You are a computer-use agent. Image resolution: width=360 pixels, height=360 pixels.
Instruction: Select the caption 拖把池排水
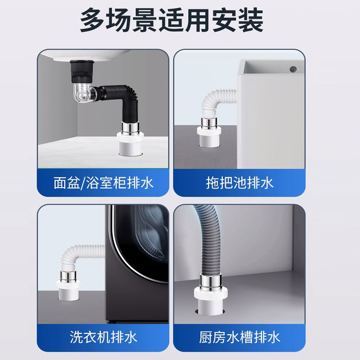tap(240, 183)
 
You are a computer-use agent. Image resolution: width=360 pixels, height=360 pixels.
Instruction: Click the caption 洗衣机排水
tap(103, 336)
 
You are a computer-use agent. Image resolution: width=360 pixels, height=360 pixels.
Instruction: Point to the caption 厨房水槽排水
tap(240, 336)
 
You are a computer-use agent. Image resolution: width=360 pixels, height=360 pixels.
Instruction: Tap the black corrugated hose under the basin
tap(121, 92)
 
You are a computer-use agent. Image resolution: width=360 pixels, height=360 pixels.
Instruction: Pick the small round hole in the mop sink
tap(293, 69)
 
